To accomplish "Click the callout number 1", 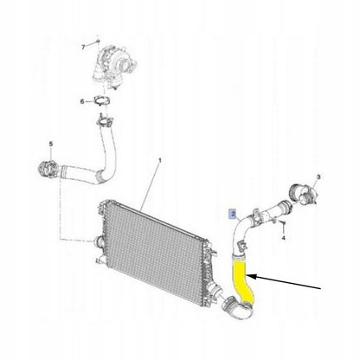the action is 160,159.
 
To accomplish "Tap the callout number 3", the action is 318,177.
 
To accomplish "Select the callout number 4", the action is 284,238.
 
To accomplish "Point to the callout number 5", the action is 51,144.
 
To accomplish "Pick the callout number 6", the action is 82,101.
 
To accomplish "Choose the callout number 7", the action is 83,47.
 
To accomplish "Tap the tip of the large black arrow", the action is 248,276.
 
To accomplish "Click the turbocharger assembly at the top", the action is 113,66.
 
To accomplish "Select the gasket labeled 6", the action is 101,101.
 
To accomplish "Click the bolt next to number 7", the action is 98,42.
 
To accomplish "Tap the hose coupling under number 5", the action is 47,170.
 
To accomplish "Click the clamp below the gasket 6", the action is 105,121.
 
